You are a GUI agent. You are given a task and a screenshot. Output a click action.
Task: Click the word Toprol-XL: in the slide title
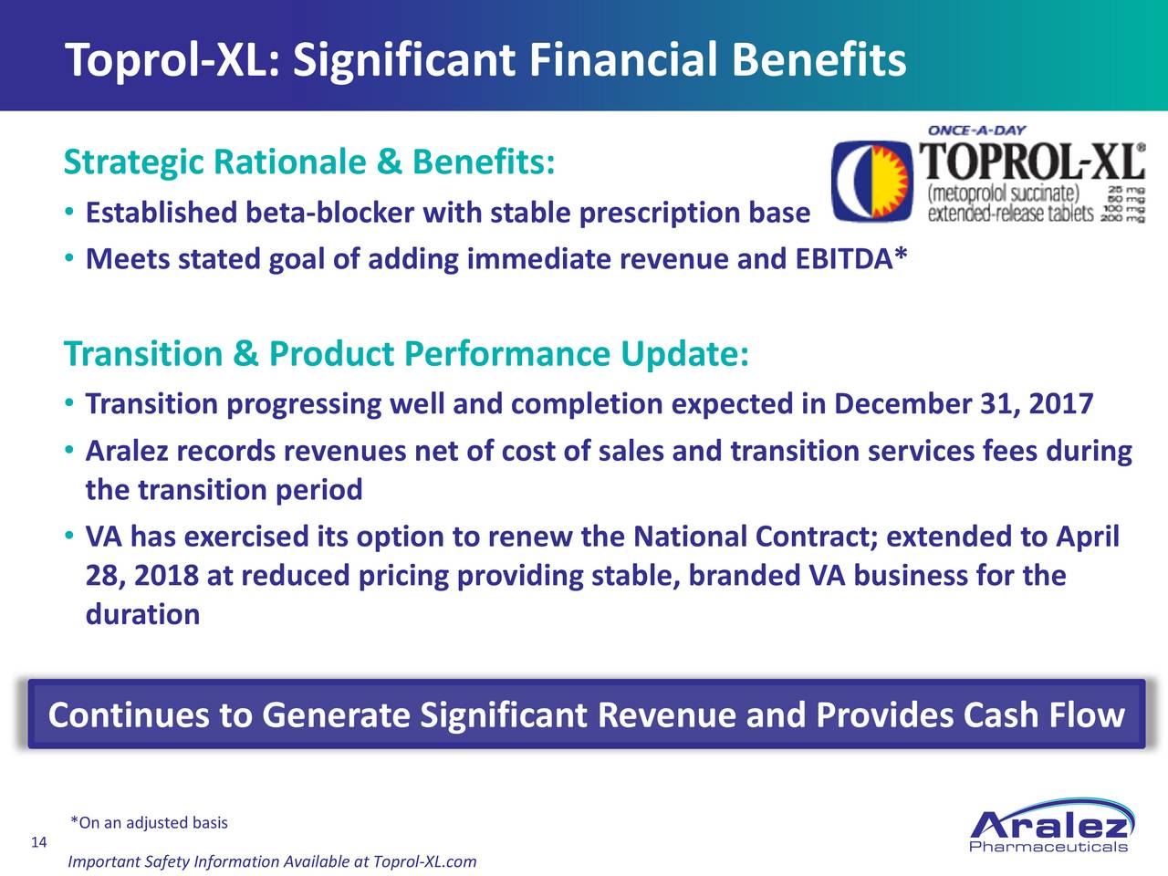(172, 60)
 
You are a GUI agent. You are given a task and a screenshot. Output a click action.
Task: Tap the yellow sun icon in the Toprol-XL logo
(890, 181)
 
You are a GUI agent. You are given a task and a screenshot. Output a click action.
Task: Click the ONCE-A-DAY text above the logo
(977, 130)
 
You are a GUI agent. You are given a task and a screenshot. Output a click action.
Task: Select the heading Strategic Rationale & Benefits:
(309, 162)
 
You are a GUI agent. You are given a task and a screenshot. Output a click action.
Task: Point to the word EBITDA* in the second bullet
(850, 258)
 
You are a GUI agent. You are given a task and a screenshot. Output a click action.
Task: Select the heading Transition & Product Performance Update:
(406, 354)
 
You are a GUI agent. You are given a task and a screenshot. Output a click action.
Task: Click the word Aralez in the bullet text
(127, 451)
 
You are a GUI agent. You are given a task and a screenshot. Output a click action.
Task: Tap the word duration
(142, 614)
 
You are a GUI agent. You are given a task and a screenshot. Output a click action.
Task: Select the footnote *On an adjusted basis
(149, 823)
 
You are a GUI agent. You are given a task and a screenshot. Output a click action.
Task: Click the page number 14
(39, 842)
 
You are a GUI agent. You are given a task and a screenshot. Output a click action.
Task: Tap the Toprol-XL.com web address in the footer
(424, 861)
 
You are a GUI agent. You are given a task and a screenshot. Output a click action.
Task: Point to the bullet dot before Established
(68, 213)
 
